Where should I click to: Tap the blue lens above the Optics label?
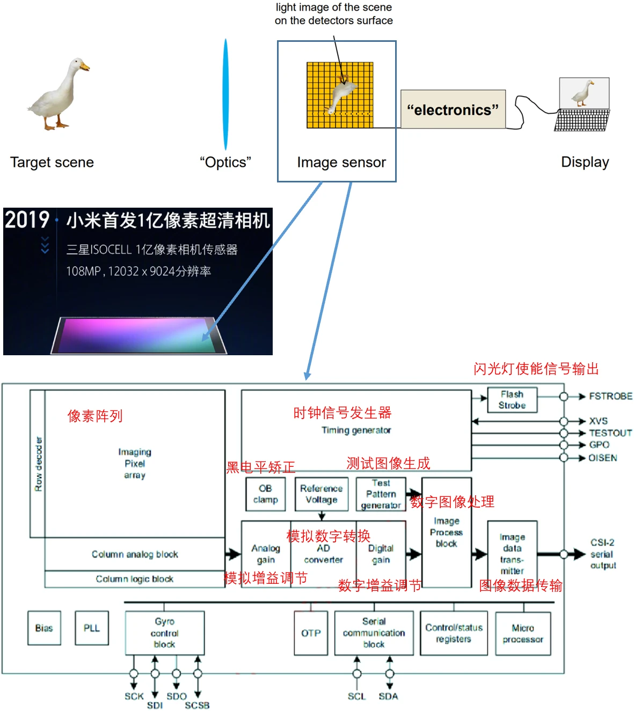226,94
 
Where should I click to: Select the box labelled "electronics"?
453,109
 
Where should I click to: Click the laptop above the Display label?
583,105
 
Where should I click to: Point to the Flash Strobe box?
512,400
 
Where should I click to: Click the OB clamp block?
265,494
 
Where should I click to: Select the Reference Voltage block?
321,494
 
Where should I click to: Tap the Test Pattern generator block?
381,494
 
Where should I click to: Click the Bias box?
44,628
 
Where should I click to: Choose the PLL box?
92,628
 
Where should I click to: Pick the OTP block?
311,633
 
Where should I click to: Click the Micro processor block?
523,633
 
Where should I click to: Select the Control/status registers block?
454,633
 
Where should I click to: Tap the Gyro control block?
164,633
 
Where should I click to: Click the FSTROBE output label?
610,397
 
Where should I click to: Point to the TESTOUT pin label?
610,433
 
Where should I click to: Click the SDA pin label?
388,697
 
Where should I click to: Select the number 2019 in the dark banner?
27,220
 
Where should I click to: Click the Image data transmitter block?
512,554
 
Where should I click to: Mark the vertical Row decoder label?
38,464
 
